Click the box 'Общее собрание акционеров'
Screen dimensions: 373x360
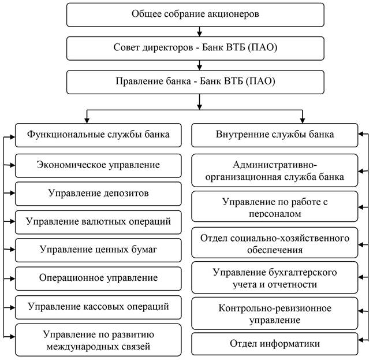coord(195,15)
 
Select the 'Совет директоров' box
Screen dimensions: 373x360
coord(195,49)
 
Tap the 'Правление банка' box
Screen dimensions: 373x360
coord(195,82)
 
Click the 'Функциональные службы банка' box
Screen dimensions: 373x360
coord(98,135)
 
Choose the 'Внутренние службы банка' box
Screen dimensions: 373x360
coord(274,135)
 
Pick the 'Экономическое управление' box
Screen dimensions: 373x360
coord(98,166)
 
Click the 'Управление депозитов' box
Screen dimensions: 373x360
coord(98,194)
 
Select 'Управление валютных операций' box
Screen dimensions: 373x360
coord(98,222)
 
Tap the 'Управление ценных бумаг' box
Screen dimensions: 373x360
coord(98,250)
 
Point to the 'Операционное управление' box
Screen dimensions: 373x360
coord(98,279)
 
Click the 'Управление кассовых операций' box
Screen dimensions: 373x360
coord(98,307)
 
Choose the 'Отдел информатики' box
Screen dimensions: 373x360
coord(274,344)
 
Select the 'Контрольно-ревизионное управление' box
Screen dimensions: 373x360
coord(274,313)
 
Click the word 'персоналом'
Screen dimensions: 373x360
coord(275,214)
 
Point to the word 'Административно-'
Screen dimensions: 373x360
coord(275,165)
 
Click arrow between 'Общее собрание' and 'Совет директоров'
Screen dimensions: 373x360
coord(200,32)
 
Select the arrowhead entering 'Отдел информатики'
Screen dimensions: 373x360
coord(361,340)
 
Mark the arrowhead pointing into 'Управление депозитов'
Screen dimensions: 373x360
coord(12,192)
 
